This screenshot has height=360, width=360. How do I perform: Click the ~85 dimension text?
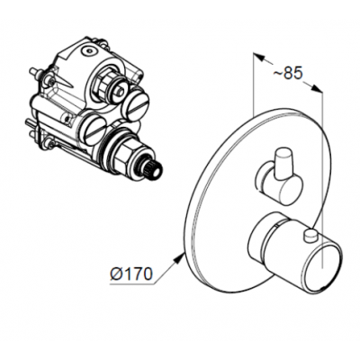(288, 74)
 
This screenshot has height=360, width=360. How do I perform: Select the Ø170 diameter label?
(131, 274)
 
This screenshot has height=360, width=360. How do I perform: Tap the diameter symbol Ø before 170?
(116, 274)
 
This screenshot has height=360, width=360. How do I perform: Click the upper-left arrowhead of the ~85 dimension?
(259, 58)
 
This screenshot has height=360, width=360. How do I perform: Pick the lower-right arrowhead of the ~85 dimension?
(317, 88)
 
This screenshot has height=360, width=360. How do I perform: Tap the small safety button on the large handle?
(310, 235)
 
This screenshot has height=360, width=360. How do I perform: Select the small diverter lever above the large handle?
(279, 178)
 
